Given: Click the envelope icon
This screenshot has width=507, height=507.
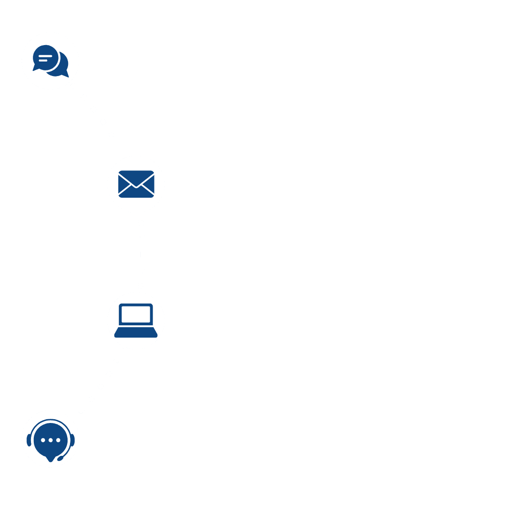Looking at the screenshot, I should click(x=136, y=184).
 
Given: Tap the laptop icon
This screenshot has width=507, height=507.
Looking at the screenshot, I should click(x=136, y=321).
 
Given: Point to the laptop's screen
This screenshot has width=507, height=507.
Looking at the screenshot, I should click(x=136, y=314).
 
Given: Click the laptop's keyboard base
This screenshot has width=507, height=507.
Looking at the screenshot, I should click(x=136, y=333).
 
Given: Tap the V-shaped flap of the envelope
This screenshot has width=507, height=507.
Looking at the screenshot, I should click(x=136, y=180).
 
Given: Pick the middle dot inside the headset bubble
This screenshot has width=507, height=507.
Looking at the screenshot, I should click(x=51, y=440).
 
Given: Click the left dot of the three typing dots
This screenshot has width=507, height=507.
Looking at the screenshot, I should click(x=43, y=440).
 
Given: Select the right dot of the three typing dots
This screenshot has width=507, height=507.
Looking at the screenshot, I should click(x=58, y=440).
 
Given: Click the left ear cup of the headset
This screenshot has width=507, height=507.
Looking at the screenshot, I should click(x=29, y=440).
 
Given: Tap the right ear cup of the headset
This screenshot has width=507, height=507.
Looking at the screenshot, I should click(x=72, y=440).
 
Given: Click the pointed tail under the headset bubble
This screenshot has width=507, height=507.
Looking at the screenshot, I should click(x=51, y=459).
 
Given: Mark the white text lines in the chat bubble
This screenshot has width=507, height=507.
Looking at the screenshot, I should click(x=45, y=58).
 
